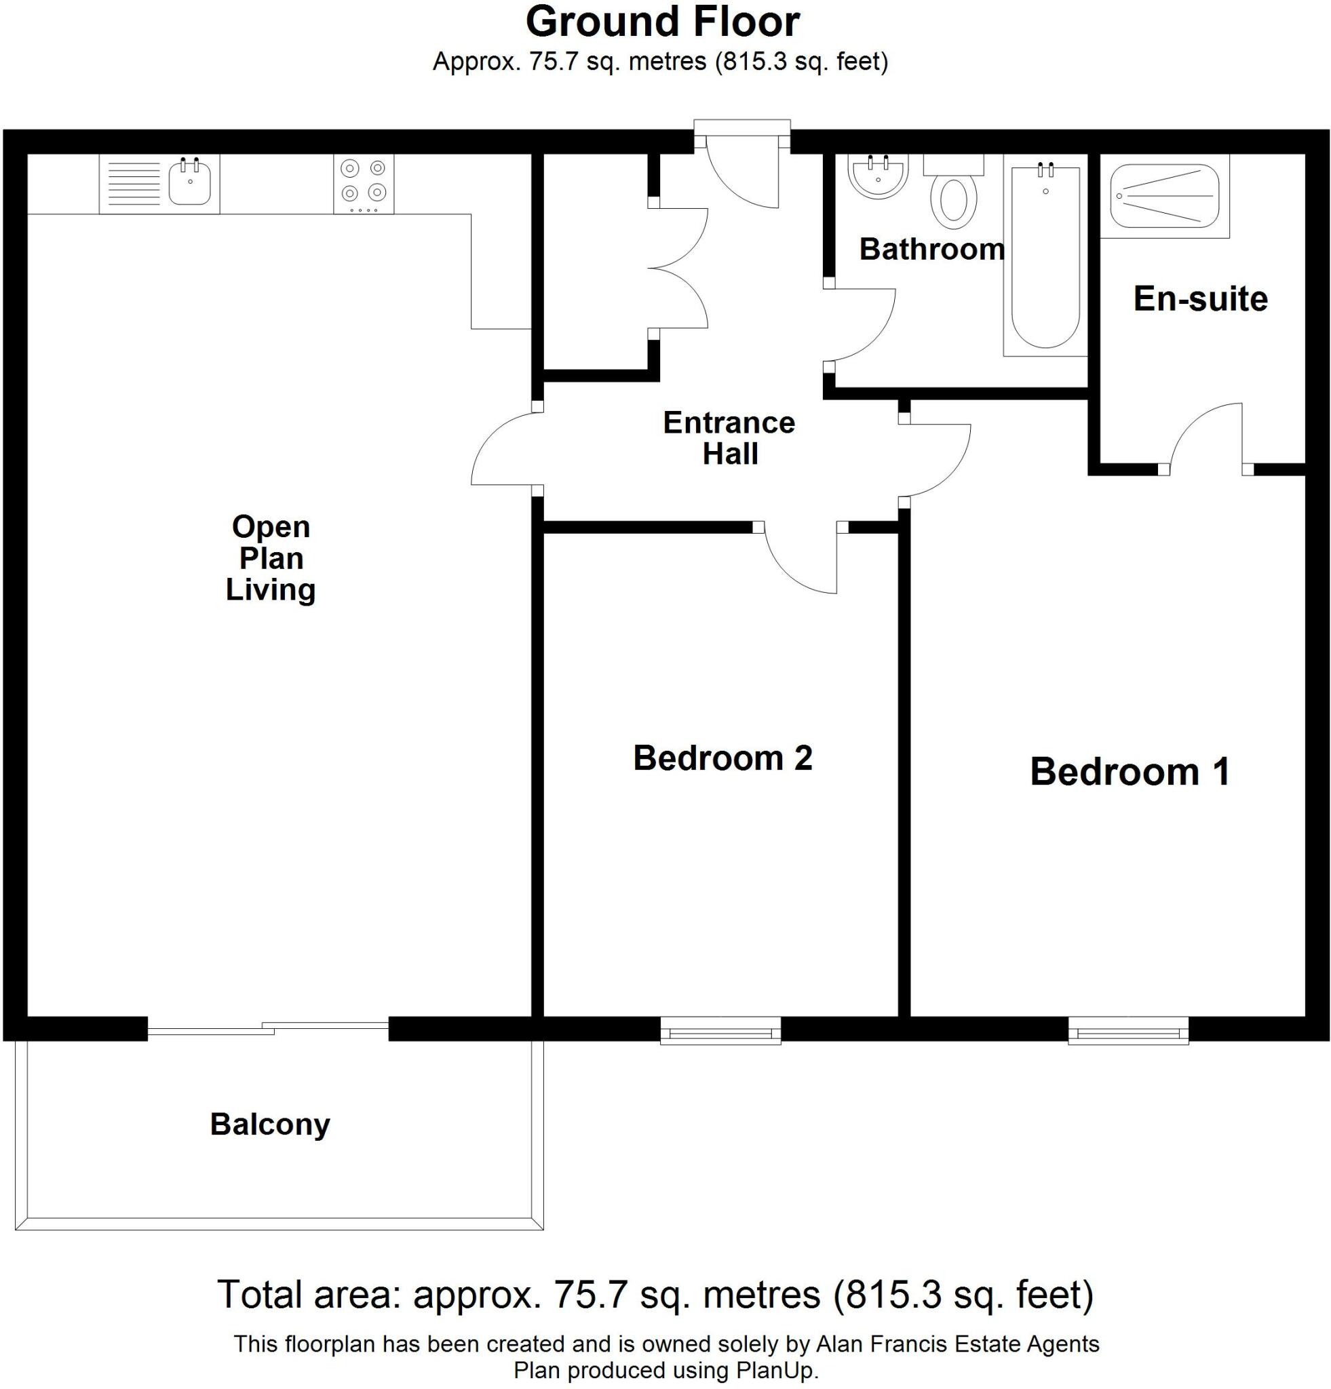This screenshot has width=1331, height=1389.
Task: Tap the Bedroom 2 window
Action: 720,1030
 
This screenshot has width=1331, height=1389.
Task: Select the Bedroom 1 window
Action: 1128,1030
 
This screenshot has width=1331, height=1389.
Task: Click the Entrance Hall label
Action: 729,438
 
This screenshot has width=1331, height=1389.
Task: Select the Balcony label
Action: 270,1124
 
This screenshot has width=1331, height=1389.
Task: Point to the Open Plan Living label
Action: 271,557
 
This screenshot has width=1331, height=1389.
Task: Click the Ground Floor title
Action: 662,22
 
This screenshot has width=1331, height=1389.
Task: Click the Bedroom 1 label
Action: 1130,772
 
